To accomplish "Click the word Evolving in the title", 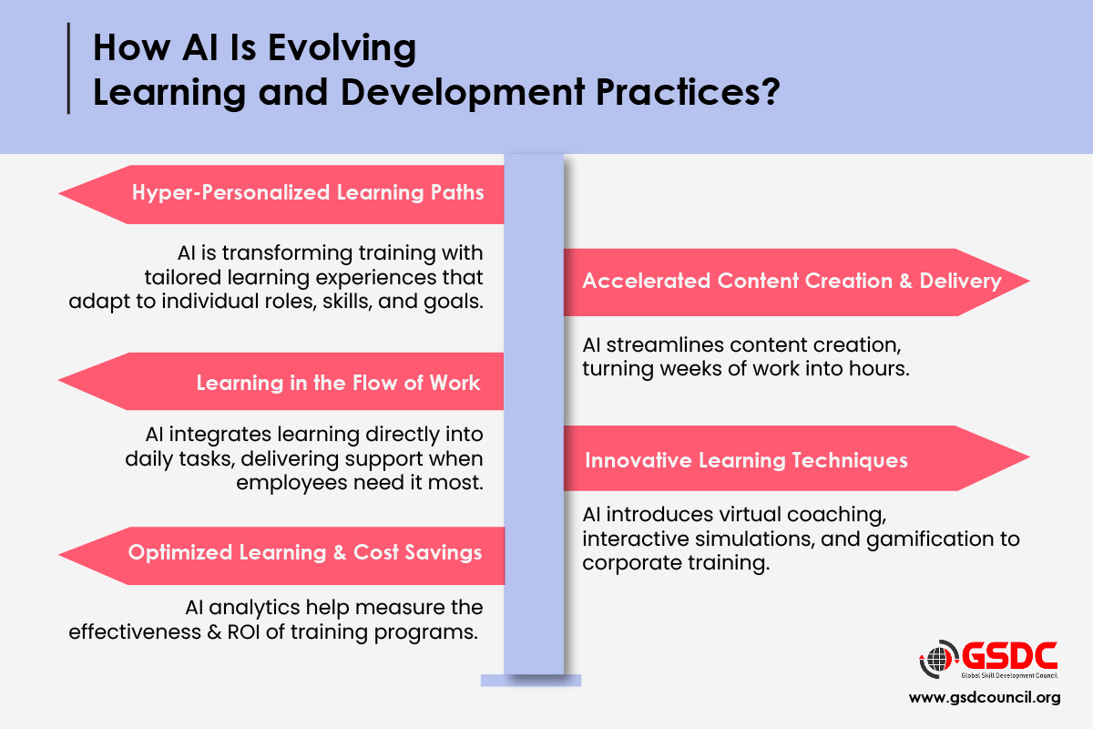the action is [x=342, y=49].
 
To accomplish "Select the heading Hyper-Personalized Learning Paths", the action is [x=308, y=193].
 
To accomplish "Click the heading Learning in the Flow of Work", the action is [x=338, y=383].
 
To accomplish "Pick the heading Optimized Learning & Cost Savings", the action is [x=305, y=552].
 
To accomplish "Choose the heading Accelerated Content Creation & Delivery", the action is [x=792, y=281].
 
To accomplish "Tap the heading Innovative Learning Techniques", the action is [x=746, y=460].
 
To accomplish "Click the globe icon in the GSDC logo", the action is [x=937, y=659].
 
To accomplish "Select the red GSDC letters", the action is [x=1009, y=656].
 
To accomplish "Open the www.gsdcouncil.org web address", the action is [x=985, y=698].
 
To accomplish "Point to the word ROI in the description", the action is [x=243, y=631].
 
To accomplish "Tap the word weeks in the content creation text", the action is [x=691, y=369].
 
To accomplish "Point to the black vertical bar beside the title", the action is [x=69, y=67].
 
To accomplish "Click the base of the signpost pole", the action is [x=531, y=680].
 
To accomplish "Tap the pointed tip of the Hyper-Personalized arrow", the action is [x=59, y=194].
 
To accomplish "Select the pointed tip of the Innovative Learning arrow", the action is [x=1028, y=457].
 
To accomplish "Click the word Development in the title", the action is [x=463, y=92].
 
